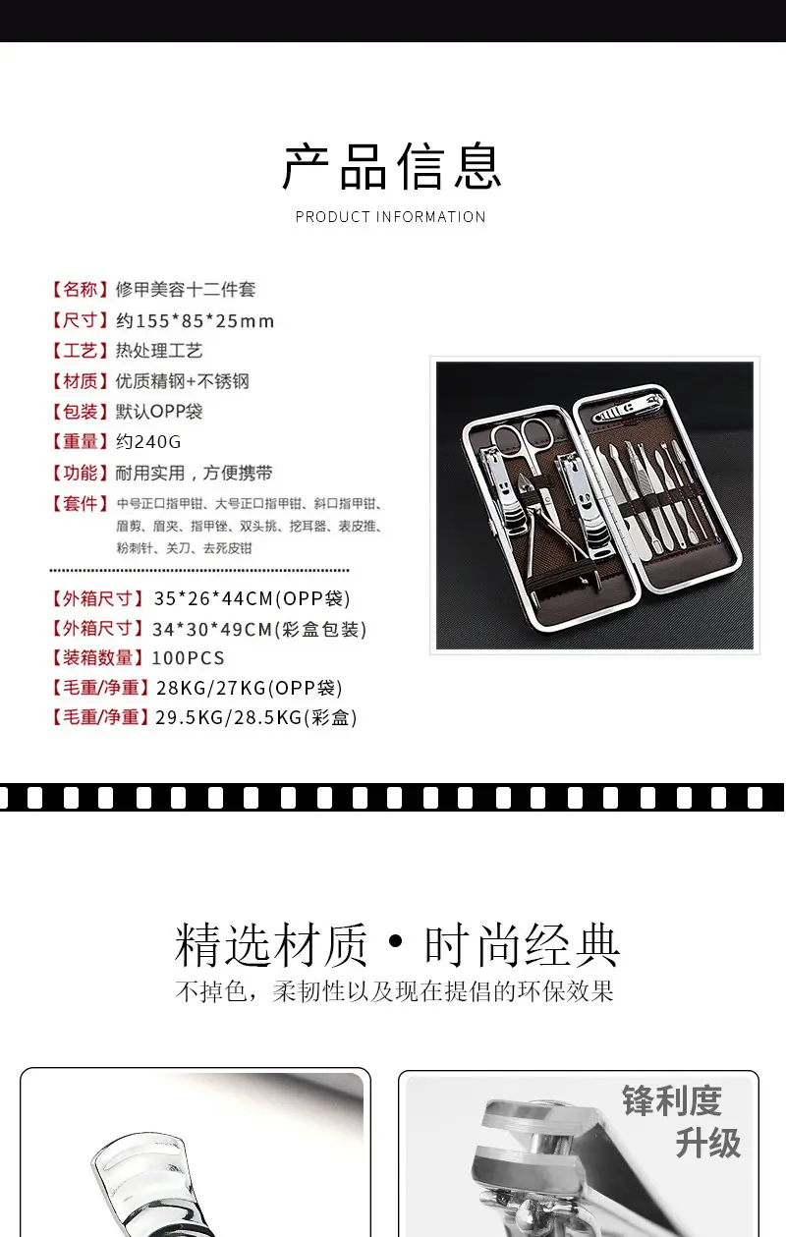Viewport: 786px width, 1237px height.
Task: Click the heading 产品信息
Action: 392,166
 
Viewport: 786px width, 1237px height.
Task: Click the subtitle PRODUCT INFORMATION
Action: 390,216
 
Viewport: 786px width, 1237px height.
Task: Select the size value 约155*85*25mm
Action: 195,320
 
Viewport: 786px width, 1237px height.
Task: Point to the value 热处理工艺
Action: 159,351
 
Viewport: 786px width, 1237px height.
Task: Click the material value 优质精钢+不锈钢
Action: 183,381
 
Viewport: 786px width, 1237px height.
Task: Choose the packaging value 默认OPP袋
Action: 159,412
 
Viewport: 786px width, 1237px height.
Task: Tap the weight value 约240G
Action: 148,442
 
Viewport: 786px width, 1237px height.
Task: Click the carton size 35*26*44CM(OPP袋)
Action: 252,598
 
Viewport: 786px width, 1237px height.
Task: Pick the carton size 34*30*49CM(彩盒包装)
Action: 259,629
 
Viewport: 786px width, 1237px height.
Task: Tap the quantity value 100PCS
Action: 189,657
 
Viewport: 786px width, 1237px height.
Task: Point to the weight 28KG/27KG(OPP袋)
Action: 250,688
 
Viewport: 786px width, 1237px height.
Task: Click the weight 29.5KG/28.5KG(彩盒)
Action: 256,717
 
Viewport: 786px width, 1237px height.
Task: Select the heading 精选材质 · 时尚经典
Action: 397,944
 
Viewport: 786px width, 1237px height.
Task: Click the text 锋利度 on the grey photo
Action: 672,1100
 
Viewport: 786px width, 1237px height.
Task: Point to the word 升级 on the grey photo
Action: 708,1143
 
